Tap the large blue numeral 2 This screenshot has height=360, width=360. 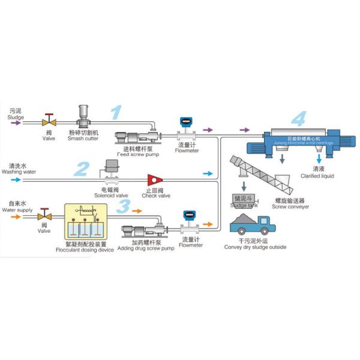(x=83, y=168)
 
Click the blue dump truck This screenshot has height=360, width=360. (x=249, y=226)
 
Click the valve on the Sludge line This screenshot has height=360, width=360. (x=48, y=119)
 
